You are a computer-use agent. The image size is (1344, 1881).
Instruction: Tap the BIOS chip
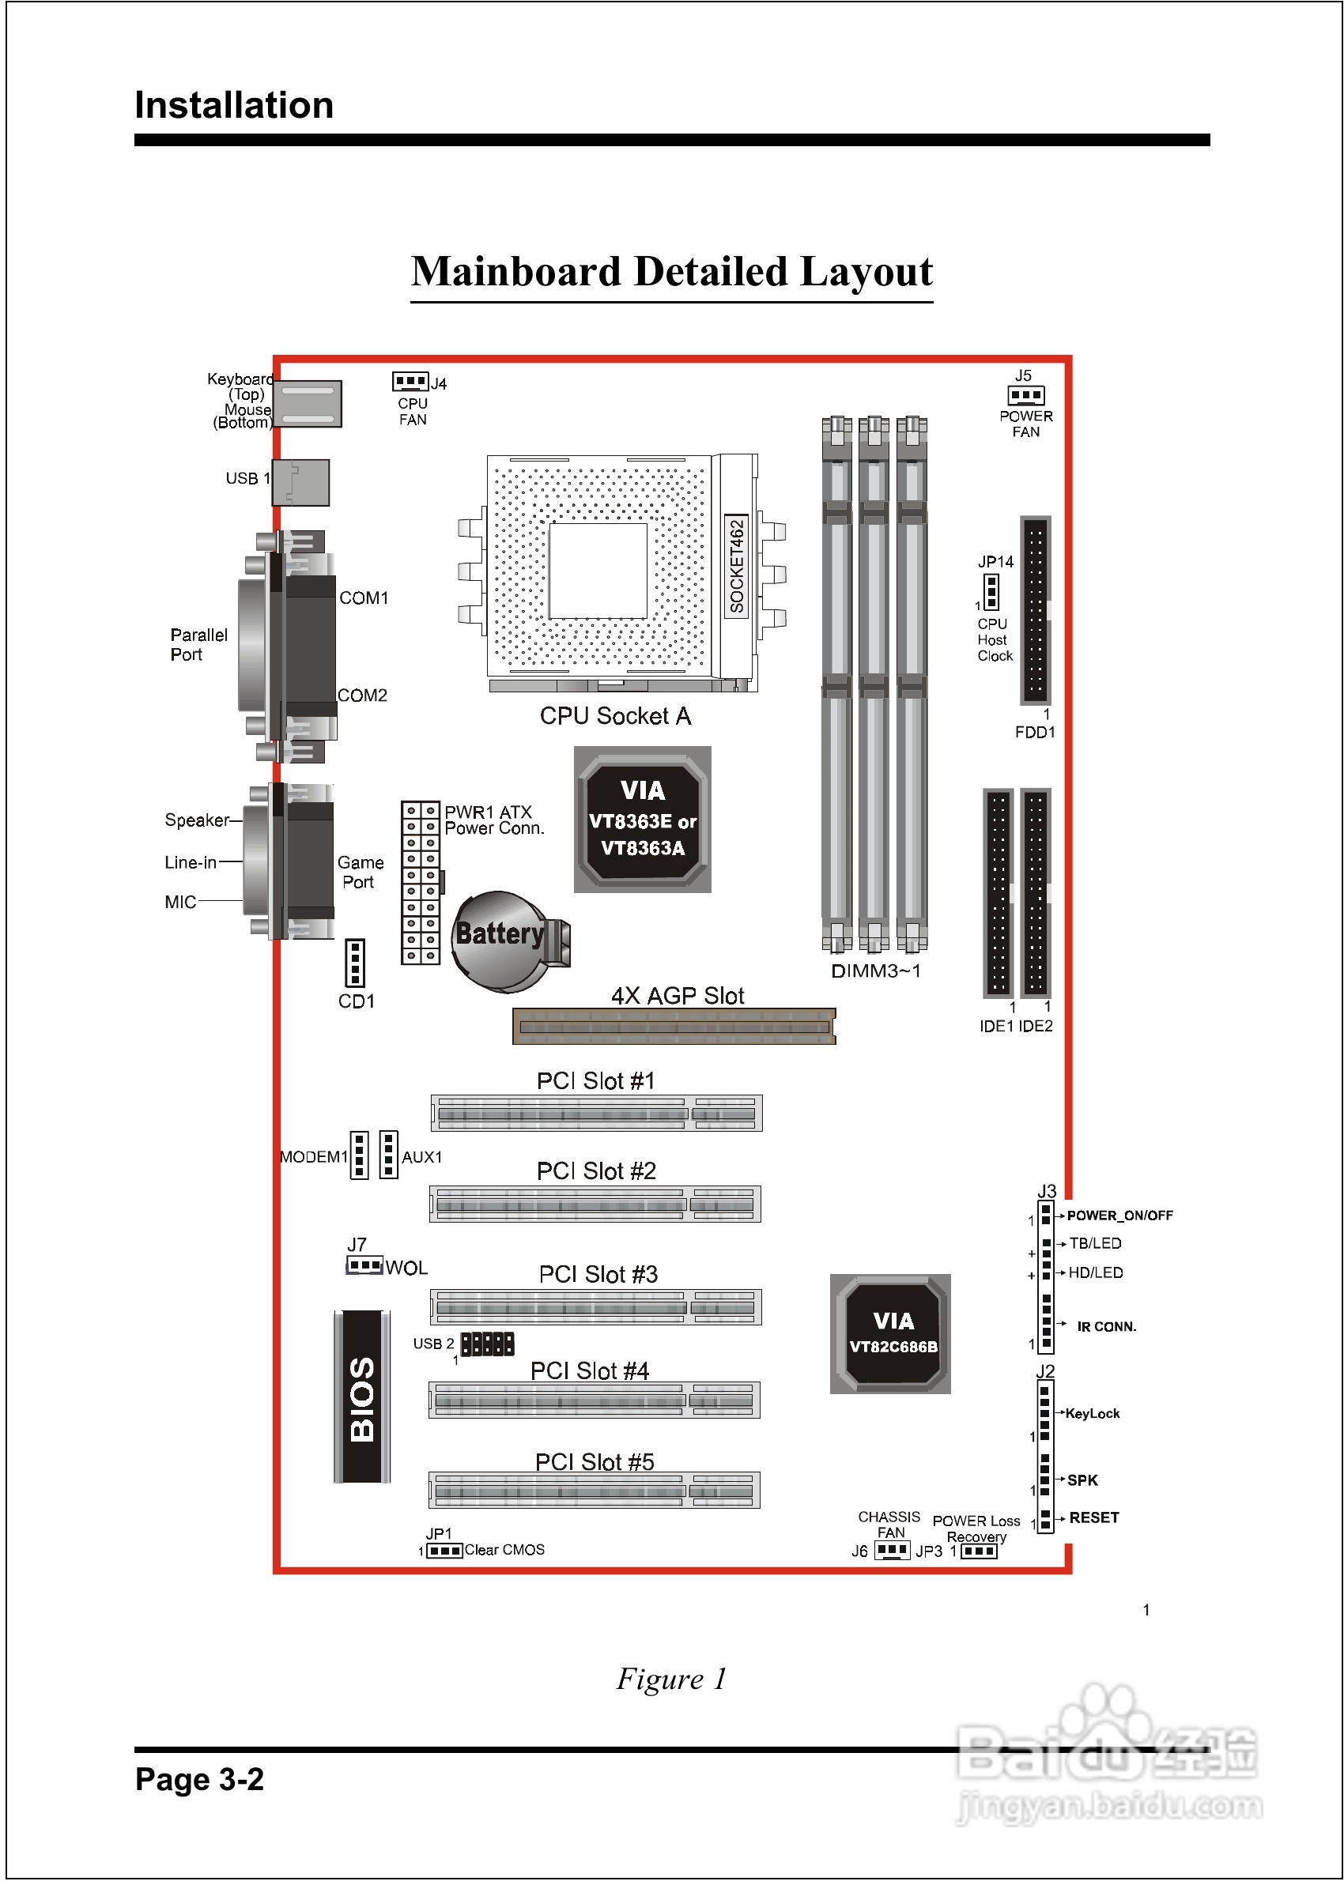[x=362, y=1397]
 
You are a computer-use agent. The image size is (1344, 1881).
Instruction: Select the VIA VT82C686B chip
[x=890, y=1333]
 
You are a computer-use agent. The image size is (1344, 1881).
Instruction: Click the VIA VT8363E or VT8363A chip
[x=642, y=819]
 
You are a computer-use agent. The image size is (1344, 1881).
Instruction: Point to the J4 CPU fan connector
[x=410, y=381]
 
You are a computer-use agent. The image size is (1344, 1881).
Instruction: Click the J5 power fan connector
[x=1026, y=395]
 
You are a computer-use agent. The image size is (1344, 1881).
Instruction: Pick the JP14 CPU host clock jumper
[x=991, y=591]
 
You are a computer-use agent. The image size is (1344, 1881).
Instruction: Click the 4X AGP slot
[x=674, y=1027]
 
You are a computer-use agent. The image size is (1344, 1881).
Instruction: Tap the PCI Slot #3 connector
[x=596, y=1307]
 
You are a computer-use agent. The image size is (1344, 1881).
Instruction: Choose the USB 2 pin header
[x=488, y=1344]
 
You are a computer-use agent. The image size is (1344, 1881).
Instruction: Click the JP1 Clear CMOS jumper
[x=445, y=1550]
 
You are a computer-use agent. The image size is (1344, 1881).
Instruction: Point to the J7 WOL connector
[x=364, y=1265]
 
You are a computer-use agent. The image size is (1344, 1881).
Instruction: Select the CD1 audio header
[x=355, y=963]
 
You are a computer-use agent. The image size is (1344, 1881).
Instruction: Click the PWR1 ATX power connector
[x=421, y=883]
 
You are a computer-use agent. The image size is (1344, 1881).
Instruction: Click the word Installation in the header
[x=234, y=105]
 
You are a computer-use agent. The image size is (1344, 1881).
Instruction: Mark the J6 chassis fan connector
[x=892, y=1549]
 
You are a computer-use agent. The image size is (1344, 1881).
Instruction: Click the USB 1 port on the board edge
[x=300, y=482]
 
